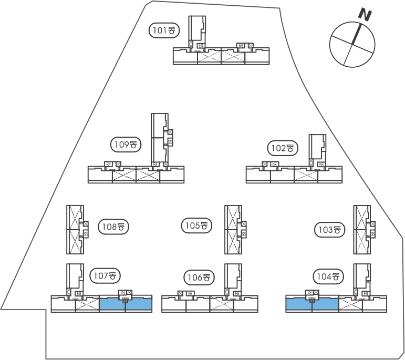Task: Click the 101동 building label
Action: pyautogui.click(x=164, y=30)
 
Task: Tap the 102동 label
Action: pyautogui.click(x=283, y=148)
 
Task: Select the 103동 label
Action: pyautogui.click(x=330, y=229)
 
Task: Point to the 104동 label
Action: pyautogui.click(x=328, y=276)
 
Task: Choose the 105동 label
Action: pyautogui.click(x=196, y=226)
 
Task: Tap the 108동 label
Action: pyautogui.click(x=113, y=227)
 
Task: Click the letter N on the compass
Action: pyautogui.click(x=364, y=14)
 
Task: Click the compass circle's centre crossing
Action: pyautogui.click(x=352, y=44)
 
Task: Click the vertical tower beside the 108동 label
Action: pyautogui.click(x=75, y=229)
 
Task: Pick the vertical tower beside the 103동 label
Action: pyautogui.click(x=361, y=229)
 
